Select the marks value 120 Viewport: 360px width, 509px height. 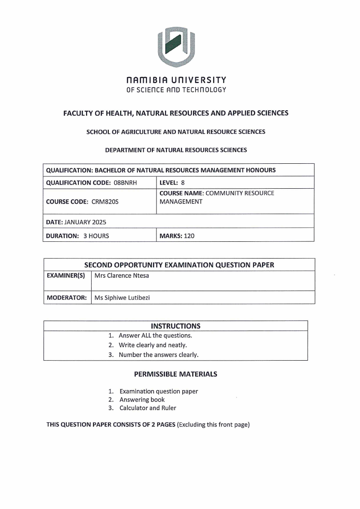(189, 235)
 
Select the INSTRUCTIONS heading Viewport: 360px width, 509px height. (175, 326)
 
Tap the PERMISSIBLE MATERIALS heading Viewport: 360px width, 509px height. (175, 374)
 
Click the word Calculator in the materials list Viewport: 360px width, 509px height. (134, 408)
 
